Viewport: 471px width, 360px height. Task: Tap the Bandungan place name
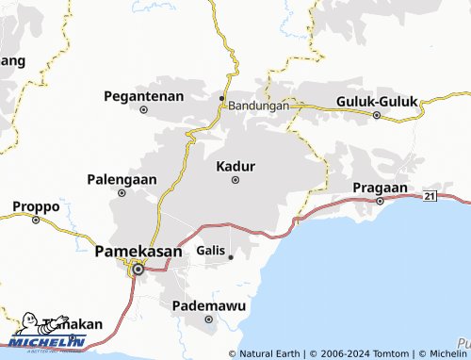point(258,106)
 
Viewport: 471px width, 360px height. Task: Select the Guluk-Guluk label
point(376,101)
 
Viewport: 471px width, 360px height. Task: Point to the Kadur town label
point(235,166)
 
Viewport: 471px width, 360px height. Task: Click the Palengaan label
point(122,178)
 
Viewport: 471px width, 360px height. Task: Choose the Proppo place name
point(36,206)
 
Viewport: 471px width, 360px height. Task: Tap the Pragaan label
point(380,188)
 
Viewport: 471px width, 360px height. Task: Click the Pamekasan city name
point(138,251)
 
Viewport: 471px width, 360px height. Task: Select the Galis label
point(211,251)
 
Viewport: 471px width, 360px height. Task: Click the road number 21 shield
point(430,195)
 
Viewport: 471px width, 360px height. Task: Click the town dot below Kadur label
point(235,180)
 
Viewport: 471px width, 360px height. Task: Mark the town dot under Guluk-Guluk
point(376,116)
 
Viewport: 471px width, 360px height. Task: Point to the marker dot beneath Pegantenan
point(144,109)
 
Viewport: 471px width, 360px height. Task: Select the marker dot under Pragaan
point(380,201)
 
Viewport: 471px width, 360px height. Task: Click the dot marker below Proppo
point(36,221)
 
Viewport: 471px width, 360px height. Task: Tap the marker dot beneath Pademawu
point(208,319)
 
